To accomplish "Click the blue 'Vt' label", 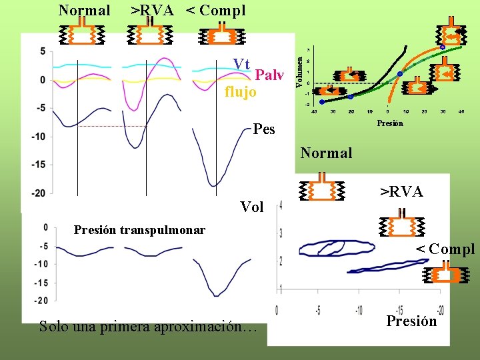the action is [x=241, y=64].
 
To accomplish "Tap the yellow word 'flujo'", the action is [x=240, y=91].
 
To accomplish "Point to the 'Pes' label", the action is [x=264, y=129].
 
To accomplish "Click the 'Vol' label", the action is [x=251, y=207].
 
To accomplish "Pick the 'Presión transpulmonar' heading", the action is [x=139, y=230].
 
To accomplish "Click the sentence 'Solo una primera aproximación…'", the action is [x=147, y=327].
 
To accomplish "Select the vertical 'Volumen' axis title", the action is [x=300, y=69].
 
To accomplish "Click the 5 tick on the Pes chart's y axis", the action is [x=43, y=52].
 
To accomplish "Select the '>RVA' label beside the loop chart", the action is [x=401, y=192].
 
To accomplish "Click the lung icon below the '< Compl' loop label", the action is [x=444, y=276].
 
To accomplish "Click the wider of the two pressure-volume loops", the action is [x=337, y=248].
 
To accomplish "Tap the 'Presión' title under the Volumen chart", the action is [x=390, y=123].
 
